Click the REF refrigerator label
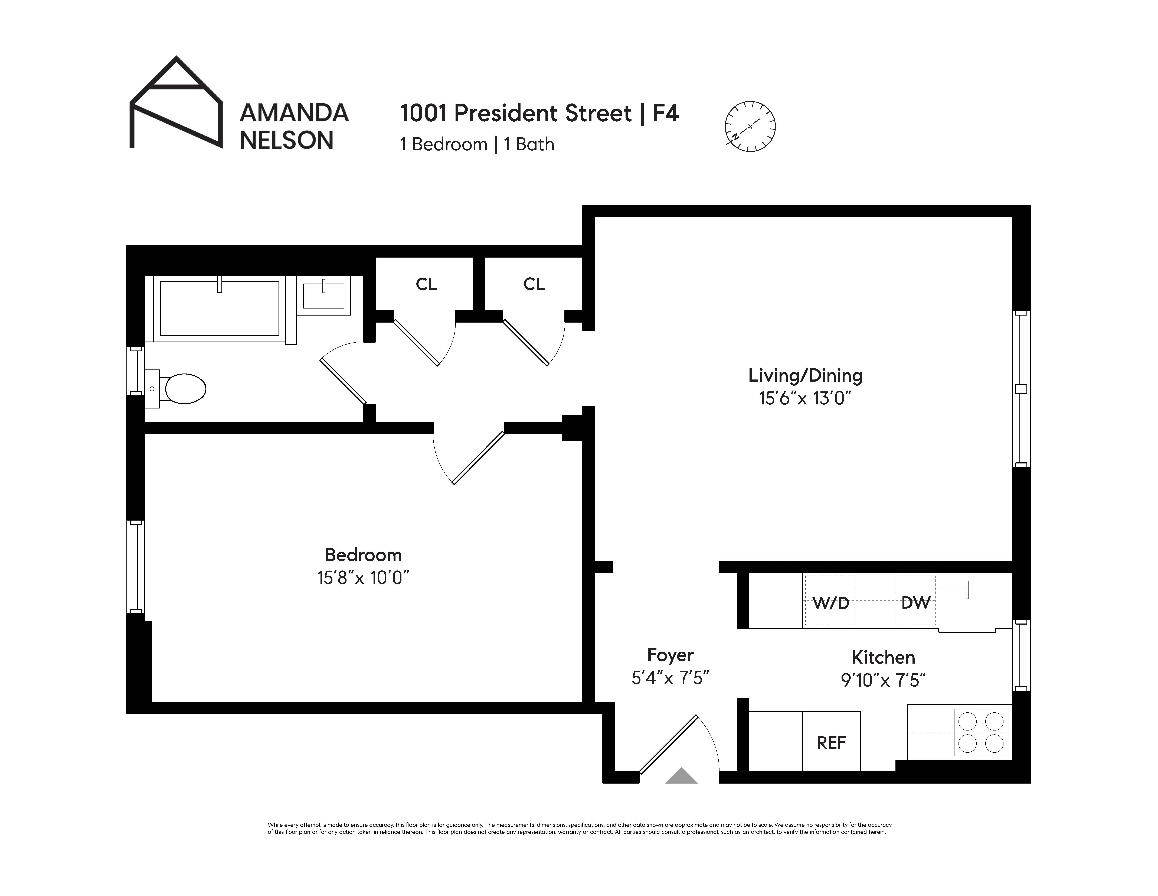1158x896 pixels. coord(831,743)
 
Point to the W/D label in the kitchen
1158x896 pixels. coord(830,603)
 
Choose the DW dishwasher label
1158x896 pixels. coord(916,603)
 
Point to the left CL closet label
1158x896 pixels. coord(426,285)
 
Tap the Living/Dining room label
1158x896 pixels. coord(805,376)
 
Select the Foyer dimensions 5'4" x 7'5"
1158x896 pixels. coord(670,678)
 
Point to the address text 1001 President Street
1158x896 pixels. coord(515,113)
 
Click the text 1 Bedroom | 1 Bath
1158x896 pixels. coord(477,144)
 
